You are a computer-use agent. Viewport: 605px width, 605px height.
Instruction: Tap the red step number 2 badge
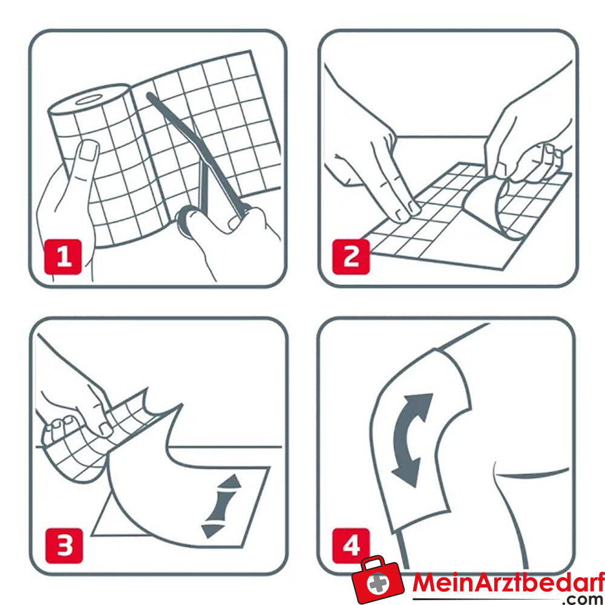[x=352, y=257]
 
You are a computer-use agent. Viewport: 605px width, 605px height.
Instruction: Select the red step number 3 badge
[x=64, y=545]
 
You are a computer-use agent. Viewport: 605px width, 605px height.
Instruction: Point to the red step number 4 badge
[x=352, y=545]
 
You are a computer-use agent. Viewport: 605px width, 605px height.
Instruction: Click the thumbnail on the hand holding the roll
[x=89, y=151]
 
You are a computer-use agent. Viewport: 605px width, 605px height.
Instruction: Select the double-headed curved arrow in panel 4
[x=413, y=439]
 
